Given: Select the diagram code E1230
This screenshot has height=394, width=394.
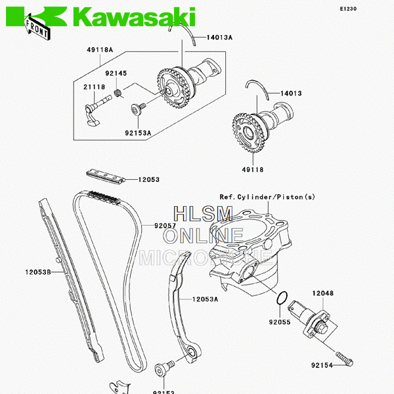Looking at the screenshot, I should coord(349,9).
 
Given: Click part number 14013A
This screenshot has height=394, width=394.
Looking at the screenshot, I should coord(219,37).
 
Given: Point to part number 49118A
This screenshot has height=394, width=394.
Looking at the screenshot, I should coord(100,50).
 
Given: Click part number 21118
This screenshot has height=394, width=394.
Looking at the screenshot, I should coord(93,86).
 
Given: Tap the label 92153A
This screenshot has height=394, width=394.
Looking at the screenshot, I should coord(139,133).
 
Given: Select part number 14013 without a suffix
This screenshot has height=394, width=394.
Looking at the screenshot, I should coord(291,93).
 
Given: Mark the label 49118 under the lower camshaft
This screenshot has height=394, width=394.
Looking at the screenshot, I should coord(252,169).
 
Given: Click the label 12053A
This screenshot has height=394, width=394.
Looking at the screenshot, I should coord(205,299).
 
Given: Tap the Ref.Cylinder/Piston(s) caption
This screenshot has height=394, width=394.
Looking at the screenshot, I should coord(267,196).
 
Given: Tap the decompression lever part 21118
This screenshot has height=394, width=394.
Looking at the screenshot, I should coord(93,108).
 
